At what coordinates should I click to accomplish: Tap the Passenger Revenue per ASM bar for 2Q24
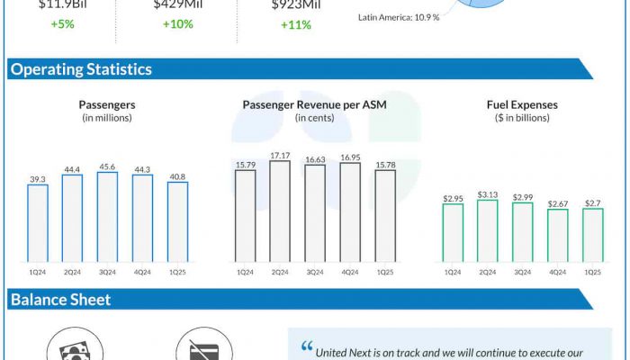[280, 211]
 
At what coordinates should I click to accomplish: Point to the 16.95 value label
[350, 157]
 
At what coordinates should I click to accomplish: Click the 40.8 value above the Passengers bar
[177, 176]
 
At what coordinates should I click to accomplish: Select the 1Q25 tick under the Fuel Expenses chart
[593, 271]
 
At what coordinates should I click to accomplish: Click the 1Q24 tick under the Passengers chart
[38, 271]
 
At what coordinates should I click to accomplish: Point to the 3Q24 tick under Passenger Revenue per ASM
[315, 271]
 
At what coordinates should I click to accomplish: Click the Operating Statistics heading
[80, 69]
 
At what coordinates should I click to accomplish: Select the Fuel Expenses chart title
[521, 104]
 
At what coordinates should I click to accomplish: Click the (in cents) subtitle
[313, 118]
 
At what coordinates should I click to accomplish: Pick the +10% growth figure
[178, 24]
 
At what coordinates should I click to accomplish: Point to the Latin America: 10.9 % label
[399, 16]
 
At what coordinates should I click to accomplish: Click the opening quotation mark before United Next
[306, 347]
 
